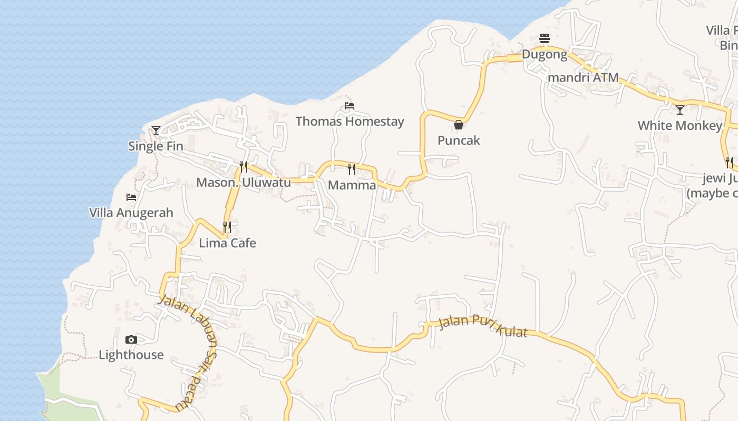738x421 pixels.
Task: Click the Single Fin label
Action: click(156, 146)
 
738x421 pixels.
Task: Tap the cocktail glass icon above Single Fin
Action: click(156, 130)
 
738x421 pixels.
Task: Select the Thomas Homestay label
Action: click(349, 122)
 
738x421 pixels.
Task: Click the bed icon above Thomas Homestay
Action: click(349, 106)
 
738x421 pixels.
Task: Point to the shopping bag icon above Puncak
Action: click(459, 125)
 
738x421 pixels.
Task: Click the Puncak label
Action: click(459, 141)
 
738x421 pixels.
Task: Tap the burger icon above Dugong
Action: click(545, 38)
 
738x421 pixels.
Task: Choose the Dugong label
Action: click(545, 54)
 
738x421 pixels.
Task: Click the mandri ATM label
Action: click(583, 77)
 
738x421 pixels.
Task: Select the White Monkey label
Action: click(679, 126)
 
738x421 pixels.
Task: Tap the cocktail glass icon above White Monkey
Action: click(680, 110)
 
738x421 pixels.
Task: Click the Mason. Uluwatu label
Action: click(244, 183)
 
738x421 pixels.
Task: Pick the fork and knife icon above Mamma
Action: click(352, 169)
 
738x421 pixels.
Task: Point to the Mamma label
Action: click(352, 185)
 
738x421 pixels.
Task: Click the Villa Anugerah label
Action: click(131, 213)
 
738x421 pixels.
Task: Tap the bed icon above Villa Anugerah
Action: click(131, 197)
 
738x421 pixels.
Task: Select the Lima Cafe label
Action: click(227, 243)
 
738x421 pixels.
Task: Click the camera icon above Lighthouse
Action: click(131, 339)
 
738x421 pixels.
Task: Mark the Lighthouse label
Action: click(131, 355)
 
